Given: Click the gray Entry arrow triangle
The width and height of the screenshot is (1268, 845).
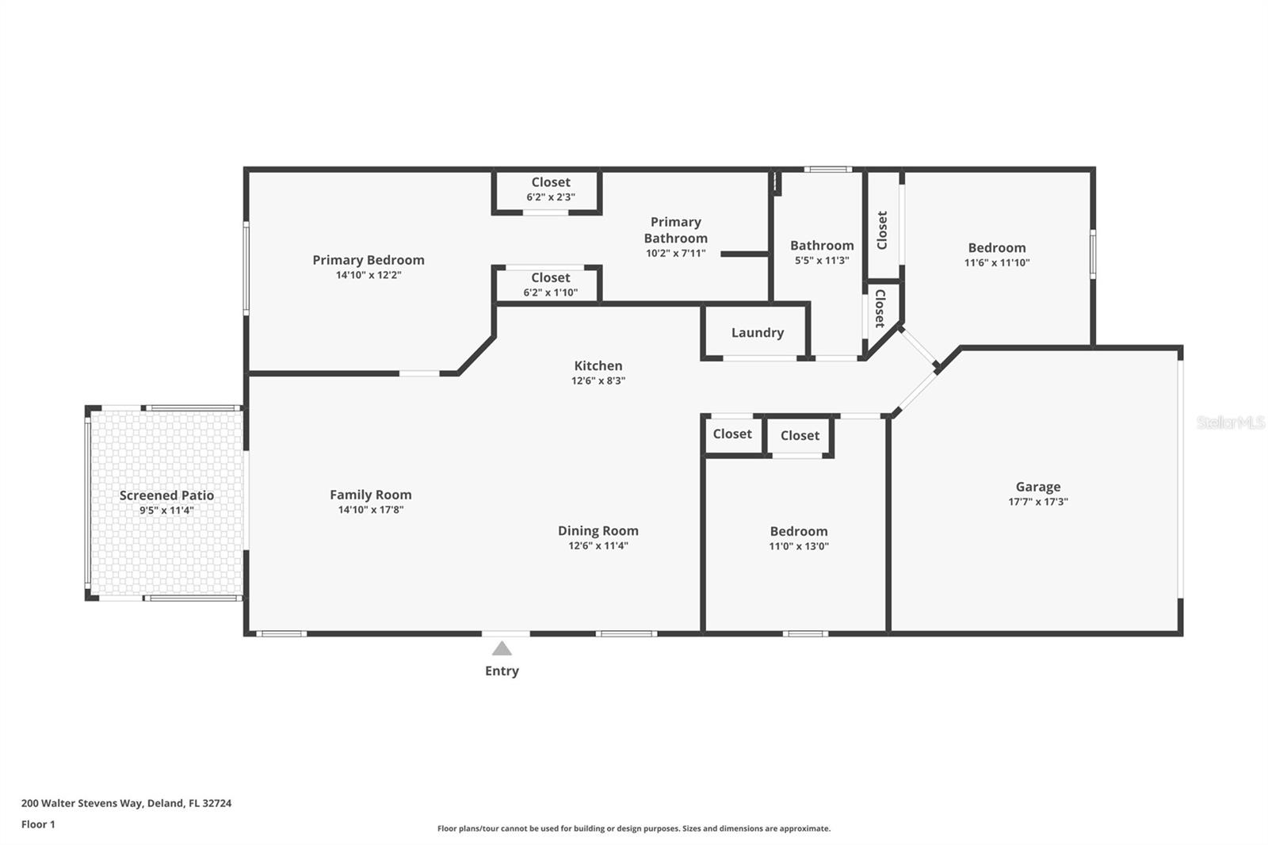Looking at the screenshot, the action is [502, 648].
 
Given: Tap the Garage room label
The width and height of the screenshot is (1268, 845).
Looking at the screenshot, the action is [1038, 487].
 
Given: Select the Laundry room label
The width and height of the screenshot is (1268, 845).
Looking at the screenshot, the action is [758, 332].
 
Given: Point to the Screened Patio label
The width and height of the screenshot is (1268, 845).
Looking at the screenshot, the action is [166, 495].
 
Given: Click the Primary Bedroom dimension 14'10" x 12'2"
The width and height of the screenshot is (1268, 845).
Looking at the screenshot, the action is [369, 275].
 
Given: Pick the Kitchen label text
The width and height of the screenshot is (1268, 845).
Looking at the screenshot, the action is [598, 366].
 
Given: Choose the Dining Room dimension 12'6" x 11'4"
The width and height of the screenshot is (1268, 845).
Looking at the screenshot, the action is [598, 546].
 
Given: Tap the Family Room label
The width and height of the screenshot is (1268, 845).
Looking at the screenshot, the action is [371, 495].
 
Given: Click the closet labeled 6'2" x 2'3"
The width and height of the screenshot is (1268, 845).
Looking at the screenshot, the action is [551, 182].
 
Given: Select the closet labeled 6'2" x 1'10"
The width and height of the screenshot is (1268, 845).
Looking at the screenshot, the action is [551, 278].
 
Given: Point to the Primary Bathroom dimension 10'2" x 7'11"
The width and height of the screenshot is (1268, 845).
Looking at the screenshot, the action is [676, 254].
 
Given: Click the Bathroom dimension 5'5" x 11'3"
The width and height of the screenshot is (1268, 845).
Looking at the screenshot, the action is [822, 261].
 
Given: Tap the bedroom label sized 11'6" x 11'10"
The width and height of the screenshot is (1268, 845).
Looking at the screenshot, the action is [997, 248].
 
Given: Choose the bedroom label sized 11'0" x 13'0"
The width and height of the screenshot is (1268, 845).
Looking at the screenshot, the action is [799, 531].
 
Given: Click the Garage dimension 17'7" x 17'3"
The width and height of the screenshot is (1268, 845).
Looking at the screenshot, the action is [1038, 502].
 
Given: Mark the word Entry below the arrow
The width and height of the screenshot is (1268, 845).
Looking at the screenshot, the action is [502, 671].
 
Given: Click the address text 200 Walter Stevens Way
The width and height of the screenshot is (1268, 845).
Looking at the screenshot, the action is [82, 803].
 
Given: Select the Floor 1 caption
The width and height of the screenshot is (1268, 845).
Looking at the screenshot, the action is [39, 824].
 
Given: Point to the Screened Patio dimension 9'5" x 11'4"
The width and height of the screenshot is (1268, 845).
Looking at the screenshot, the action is [166, 510].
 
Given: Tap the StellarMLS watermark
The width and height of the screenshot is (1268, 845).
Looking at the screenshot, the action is [1231, 422].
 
